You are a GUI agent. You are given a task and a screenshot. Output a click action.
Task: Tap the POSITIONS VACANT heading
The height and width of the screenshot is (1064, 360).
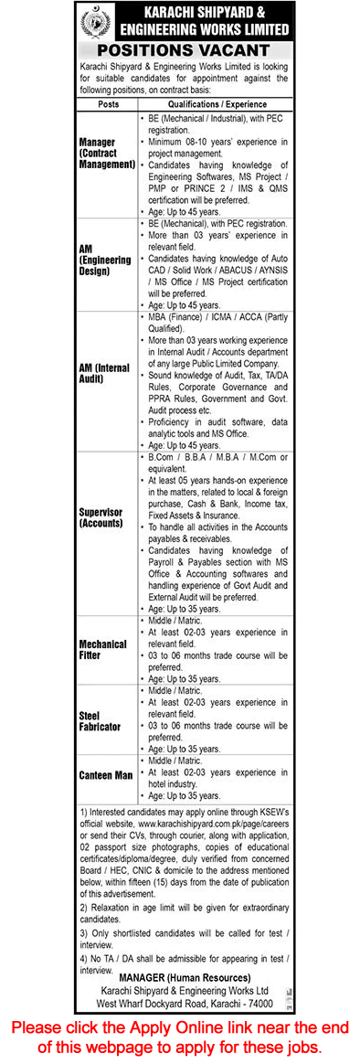[180, 51]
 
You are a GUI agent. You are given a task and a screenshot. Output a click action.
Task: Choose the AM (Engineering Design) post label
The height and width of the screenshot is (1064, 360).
[103, 260]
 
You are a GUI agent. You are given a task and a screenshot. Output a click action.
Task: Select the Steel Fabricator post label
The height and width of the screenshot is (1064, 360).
[100, 721]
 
